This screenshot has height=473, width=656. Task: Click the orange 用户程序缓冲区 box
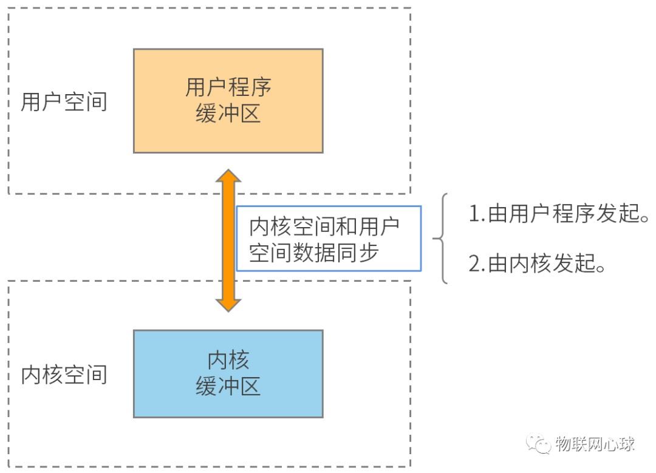pos(228,101)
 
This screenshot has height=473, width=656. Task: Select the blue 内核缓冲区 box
pos(228,374)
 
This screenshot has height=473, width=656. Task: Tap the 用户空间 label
pos(64,101)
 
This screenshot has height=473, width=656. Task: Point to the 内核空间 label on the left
pos(64,374)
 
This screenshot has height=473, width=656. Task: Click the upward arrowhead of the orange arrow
pos(228,175)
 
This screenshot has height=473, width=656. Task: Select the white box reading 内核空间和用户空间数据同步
pos(329,239)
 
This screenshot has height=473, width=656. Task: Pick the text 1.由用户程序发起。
pos(559,213)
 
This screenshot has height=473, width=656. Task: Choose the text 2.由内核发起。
pos(537,264)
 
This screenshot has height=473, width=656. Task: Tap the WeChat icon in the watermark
pos(539,444)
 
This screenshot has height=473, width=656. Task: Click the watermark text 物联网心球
pos(595,444)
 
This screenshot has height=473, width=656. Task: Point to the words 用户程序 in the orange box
pos(228,87)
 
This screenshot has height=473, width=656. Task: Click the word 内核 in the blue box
pos(228,360)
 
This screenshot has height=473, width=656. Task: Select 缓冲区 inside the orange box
pos(228,114)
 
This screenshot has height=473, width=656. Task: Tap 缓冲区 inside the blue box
pos(228,386)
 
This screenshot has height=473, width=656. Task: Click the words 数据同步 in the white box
pos(335,253)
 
